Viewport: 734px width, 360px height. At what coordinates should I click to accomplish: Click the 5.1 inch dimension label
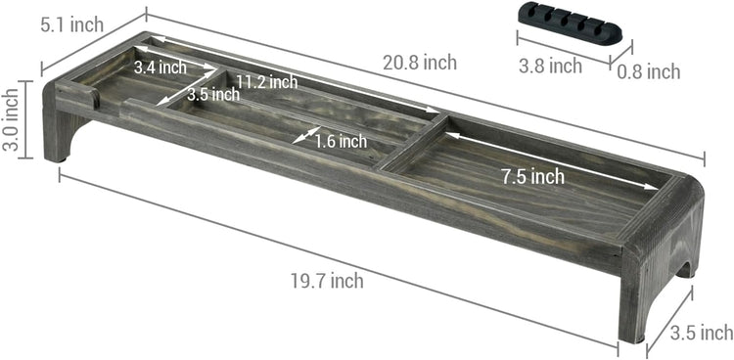[x=71, y=24]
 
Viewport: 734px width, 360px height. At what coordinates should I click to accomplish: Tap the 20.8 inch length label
[x=420, y=63]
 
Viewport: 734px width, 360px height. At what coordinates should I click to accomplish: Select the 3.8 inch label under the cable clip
[x=550, y=66]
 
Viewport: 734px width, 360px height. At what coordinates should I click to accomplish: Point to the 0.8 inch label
[x=648, y=71]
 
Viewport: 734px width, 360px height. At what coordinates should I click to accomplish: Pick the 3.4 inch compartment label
[x=161, y=67]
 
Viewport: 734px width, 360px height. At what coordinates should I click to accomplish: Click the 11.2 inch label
[x=266, y=82]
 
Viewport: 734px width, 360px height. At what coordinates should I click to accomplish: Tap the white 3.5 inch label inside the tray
[x=213, y=95]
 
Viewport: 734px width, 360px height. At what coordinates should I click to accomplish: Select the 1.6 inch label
[x=341, y=141]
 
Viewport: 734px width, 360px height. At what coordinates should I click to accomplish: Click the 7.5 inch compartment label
[x=532, y=176]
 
